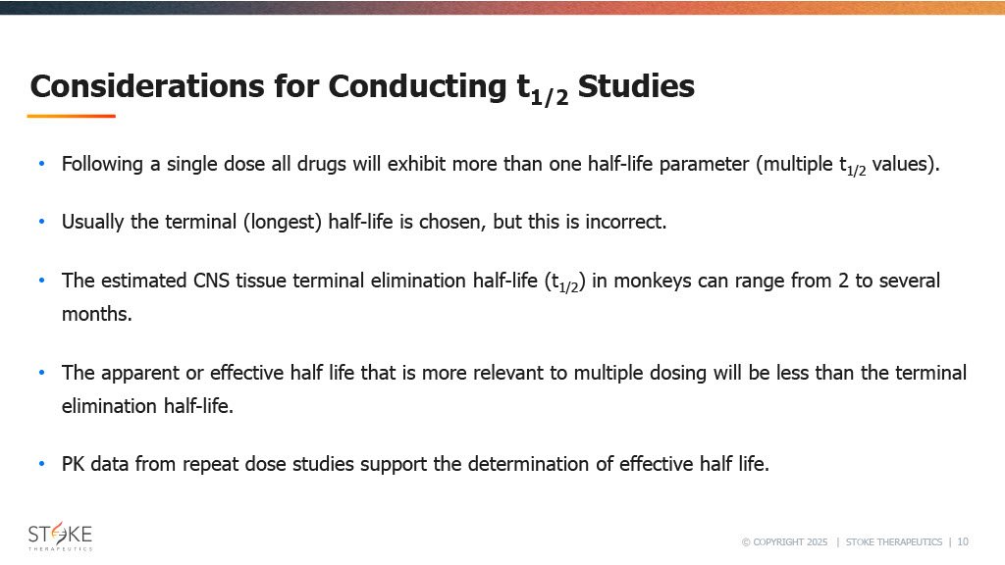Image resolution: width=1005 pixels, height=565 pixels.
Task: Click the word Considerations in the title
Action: click(147, 86)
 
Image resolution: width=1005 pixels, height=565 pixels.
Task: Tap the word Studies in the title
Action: click(636, 86)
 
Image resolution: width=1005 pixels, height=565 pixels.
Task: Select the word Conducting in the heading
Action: click(417, 87)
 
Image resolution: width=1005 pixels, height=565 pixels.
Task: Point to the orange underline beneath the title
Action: click(71, 116)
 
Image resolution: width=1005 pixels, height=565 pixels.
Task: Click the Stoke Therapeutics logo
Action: click(60, 537)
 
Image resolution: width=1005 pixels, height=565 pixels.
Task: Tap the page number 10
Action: click(963, 541)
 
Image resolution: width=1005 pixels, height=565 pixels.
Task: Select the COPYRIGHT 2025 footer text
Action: click(784, 541)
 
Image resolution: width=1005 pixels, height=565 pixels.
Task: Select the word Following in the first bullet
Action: click(102, 165)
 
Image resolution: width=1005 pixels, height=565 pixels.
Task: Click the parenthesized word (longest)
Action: click(282, 223)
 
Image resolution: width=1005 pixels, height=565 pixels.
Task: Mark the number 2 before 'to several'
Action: click(843, 281)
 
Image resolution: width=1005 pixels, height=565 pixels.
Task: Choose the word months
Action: click(97, 314)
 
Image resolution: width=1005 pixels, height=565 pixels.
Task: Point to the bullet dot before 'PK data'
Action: click(41, 464)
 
